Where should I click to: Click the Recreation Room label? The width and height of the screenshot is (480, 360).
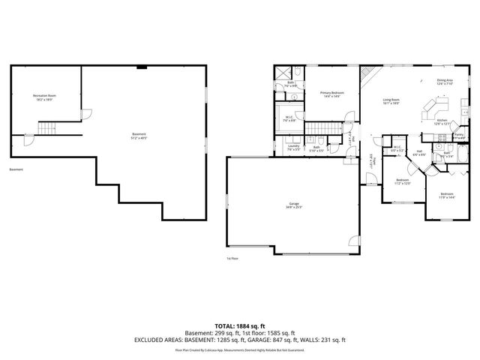44,97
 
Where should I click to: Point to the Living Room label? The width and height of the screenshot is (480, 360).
391,100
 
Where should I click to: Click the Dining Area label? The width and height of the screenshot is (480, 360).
445,82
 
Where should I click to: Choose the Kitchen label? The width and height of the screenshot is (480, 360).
442,121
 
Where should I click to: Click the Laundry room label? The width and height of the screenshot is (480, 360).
294,148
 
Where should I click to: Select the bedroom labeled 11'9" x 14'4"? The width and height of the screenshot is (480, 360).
447,196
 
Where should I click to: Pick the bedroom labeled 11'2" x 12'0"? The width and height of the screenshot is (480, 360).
403,181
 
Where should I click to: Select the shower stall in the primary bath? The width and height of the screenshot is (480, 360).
283,73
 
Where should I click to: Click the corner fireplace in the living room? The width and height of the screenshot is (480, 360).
367,75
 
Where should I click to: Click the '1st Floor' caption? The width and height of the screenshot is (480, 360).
232,259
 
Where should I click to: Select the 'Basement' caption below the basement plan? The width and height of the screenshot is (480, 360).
16,170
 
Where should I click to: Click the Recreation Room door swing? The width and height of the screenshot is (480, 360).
85,114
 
